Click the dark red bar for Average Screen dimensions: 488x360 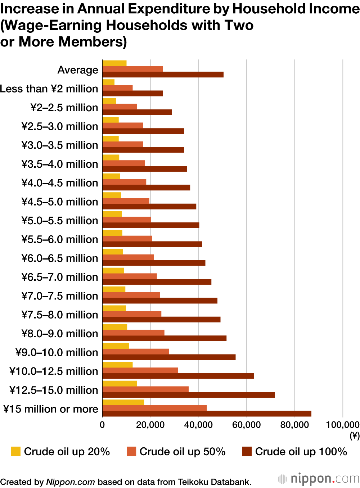pos(163,74)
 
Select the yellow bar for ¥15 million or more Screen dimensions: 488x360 pos(123,402)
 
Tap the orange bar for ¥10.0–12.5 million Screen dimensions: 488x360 pos(140,370)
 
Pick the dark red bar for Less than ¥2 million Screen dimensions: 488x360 pos(132,93)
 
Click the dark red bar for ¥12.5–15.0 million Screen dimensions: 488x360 pos(189,395)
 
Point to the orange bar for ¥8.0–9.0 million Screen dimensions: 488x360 pos(133,333)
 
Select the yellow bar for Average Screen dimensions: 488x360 pos(114,63)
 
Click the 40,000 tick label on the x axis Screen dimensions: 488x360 pos(198,425)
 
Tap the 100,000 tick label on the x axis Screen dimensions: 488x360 pos(342,425)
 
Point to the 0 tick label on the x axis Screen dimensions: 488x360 pos(102,425)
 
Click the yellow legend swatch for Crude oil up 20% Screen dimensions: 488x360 pos(16,451)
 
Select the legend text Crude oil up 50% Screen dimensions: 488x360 pos(182,451)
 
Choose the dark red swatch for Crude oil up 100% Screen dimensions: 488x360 pos(247,451)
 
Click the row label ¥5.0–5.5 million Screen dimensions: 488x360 pos(59,221)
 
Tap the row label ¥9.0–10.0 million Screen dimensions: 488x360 pos(57,352)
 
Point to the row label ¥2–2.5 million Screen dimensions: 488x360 pos(64,108)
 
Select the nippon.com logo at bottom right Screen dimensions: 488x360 pos(319,479)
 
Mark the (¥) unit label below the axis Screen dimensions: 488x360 pos(354,436)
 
